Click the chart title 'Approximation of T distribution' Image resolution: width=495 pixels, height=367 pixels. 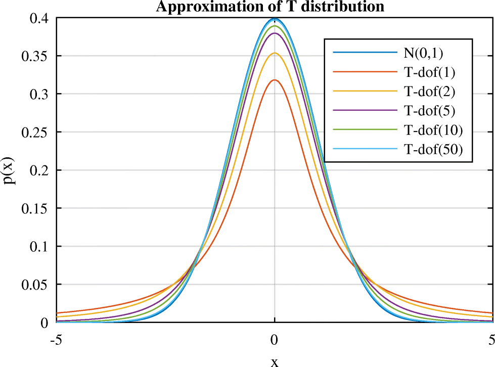[x=271, y=7]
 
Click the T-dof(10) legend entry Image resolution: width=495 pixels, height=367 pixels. [x=433, y=130]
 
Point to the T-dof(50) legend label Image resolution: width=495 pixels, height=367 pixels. [x=433, y=149]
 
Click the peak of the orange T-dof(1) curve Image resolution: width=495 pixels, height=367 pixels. [x=275, y=80]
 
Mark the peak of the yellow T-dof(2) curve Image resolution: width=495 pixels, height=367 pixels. [x=275, y=53]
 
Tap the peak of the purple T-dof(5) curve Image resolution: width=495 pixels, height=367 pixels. [x=275, y=33]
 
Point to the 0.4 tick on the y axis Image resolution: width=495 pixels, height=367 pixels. [x=39, y=18]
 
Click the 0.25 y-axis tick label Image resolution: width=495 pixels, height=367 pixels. [x=35, y=132]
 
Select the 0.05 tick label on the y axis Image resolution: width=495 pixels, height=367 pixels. [x=35, y=285]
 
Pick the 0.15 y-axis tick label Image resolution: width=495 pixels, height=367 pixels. [x=35, y=208]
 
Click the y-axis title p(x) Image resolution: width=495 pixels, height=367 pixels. [x=10, y=170]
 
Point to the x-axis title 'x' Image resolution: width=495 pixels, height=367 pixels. [x=275, y=361]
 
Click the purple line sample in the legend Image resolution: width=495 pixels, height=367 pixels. [x=364, y=111]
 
